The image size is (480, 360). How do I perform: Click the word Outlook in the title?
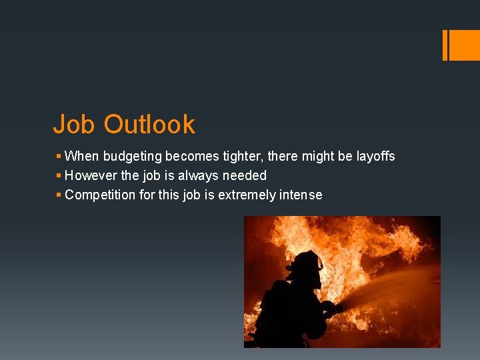pos(149,125)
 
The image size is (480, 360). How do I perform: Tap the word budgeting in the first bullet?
pos(131,157)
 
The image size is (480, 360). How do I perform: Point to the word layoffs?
pos(376,157)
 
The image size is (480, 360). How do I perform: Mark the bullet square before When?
pos(59,157)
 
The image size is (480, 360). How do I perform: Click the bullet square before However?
pos(59,176)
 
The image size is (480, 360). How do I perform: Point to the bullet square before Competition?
pos(59,195)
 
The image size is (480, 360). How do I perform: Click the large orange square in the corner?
pos(465,45)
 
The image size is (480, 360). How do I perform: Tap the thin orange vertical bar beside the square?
pos(445,45)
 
